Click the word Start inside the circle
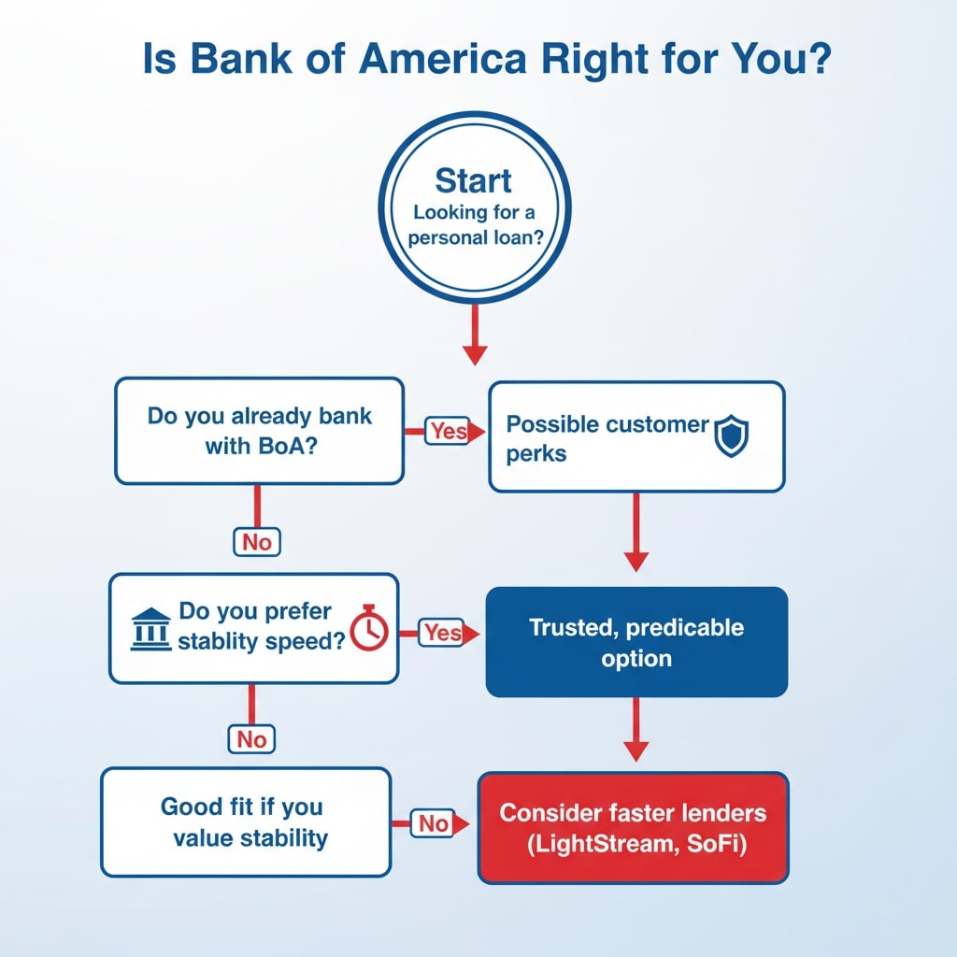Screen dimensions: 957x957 coord(473,179)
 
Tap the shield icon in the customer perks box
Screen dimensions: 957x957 coord(732,437)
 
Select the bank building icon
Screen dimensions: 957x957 coord(150,630)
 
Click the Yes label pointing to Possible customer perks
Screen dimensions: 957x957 coord(448,431)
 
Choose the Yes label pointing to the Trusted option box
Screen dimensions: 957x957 coord(442,633)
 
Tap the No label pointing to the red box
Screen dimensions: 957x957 coord(433,823)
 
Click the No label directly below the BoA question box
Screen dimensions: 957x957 coord(257,541)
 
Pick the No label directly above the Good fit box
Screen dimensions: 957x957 coord(251,739)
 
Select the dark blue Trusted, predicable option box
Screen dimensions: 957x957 coord(636,642)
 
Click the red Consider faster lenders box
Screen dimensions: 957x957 coord(633,827)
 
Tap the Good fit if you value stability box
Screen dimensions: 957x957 coord(245,821)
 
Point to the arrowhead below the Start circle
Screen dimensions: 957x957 coord(475,353)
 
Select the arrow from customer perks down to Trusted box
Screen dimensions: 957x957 coord(636,533)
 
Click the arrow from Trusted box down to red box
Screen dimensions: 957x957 coord(636,729)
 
